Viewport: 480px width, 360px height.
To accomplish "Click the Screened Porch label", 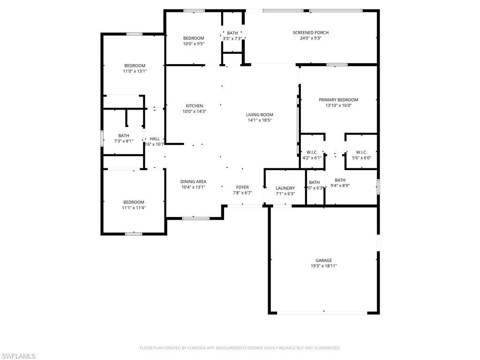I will pos(310,32).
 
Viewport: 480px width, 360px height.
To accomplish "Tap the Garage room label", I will pos(323,260).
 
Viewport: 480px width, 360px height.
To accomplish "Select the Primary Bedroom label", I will pos(338,100).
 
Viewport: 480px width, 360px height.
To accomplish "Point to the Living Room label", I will pos(260,115).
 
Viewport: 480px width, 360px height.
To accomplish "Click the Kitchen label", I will pos(194,106).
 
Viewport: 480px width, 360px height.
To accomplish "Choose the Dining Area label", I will pos(193,181).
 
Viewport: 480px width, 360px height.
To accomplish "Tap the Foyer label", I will pos(242,187).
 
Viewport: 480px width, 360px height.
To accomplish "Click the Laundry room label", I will pos(285,188).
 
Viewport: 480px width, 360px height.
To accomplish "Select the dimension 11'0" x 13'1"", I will pos(135,71).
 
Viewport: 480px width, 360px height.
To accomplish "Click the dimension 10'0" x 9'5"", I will pos(194,44).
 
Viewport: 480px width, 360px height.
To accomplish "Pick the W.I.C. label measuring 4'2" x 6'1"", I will pos(312,152).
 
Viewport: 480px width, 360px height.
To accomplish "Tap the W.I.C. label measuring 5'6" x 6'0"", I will pos(361,152).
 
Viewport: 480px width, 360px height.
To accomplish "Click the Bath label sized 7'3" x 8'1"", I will pos(124,135).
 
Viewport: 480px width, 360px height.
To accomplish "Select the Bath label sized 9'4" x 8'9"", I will pos(340,180).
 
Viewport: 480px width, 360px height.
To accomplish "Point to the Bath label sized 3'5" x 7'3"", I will pos(232,33).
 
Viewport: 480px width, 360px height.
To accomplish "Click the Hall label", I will pos(155,139).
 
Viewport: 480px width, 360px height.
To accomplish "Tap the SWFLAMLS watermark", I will pos(18,356).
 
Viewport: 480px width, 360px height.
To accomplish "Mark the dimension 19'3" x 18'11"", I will pos(323,266).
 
